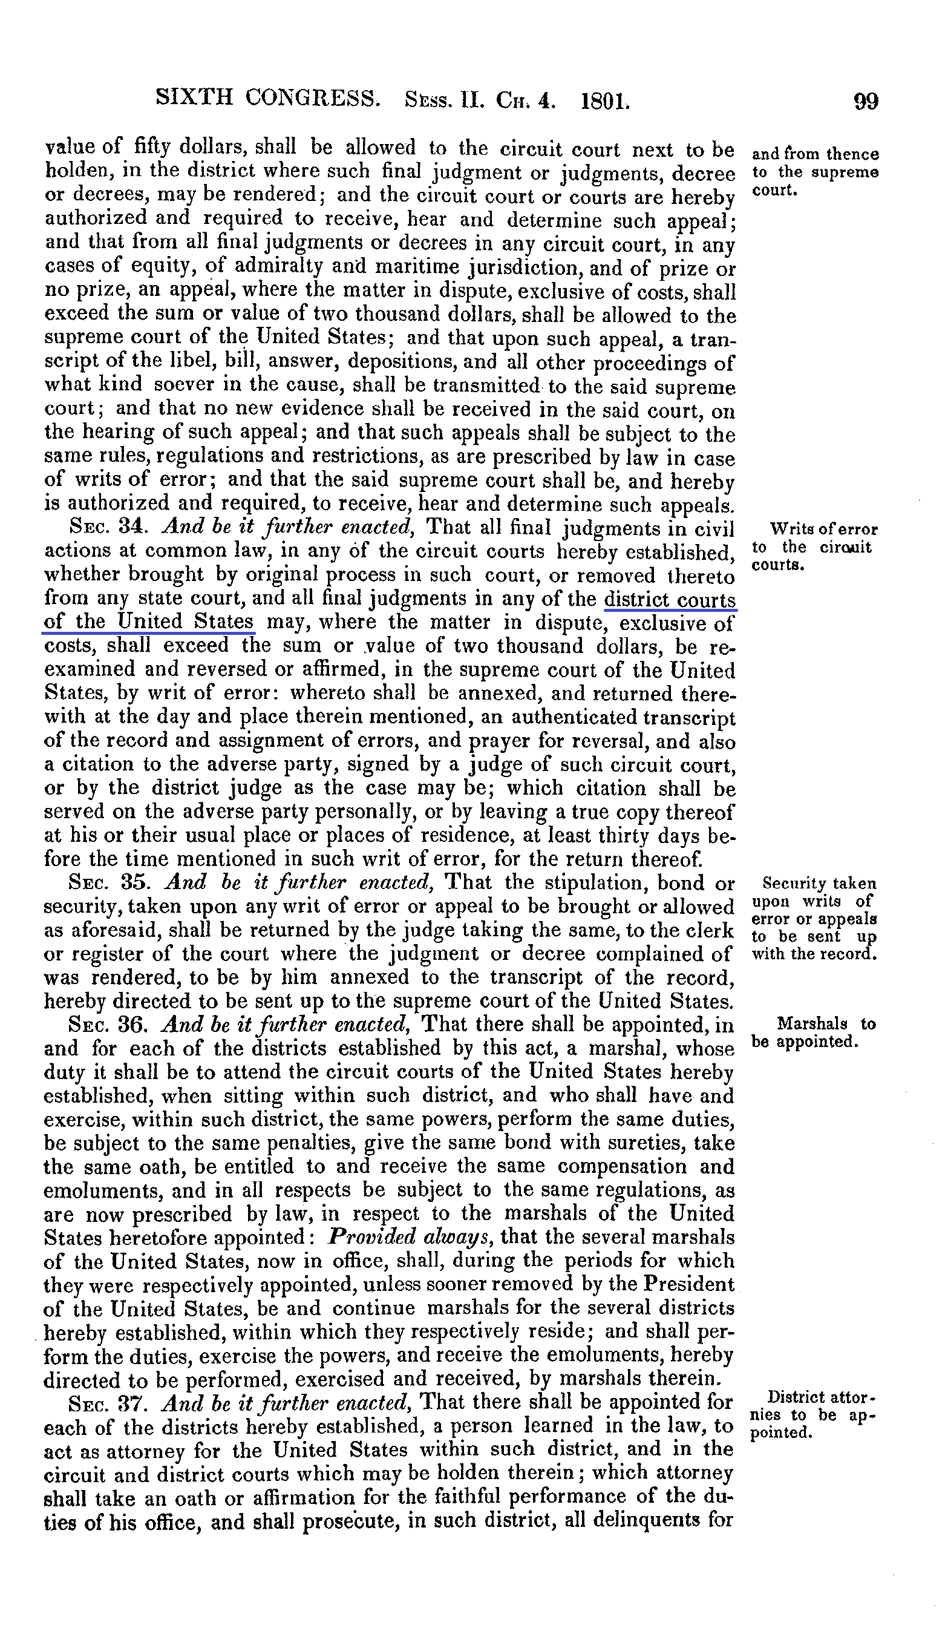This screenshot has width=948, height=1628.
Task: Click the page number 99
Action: click(865, 102)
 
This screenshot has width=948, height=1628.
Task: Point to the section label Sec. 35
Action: click(109, 882)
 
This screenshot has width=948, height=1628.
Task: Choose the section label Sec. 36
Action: click(109, 1025)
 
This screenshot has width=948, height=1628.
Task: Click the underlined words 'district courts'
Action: click(670, 600)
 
